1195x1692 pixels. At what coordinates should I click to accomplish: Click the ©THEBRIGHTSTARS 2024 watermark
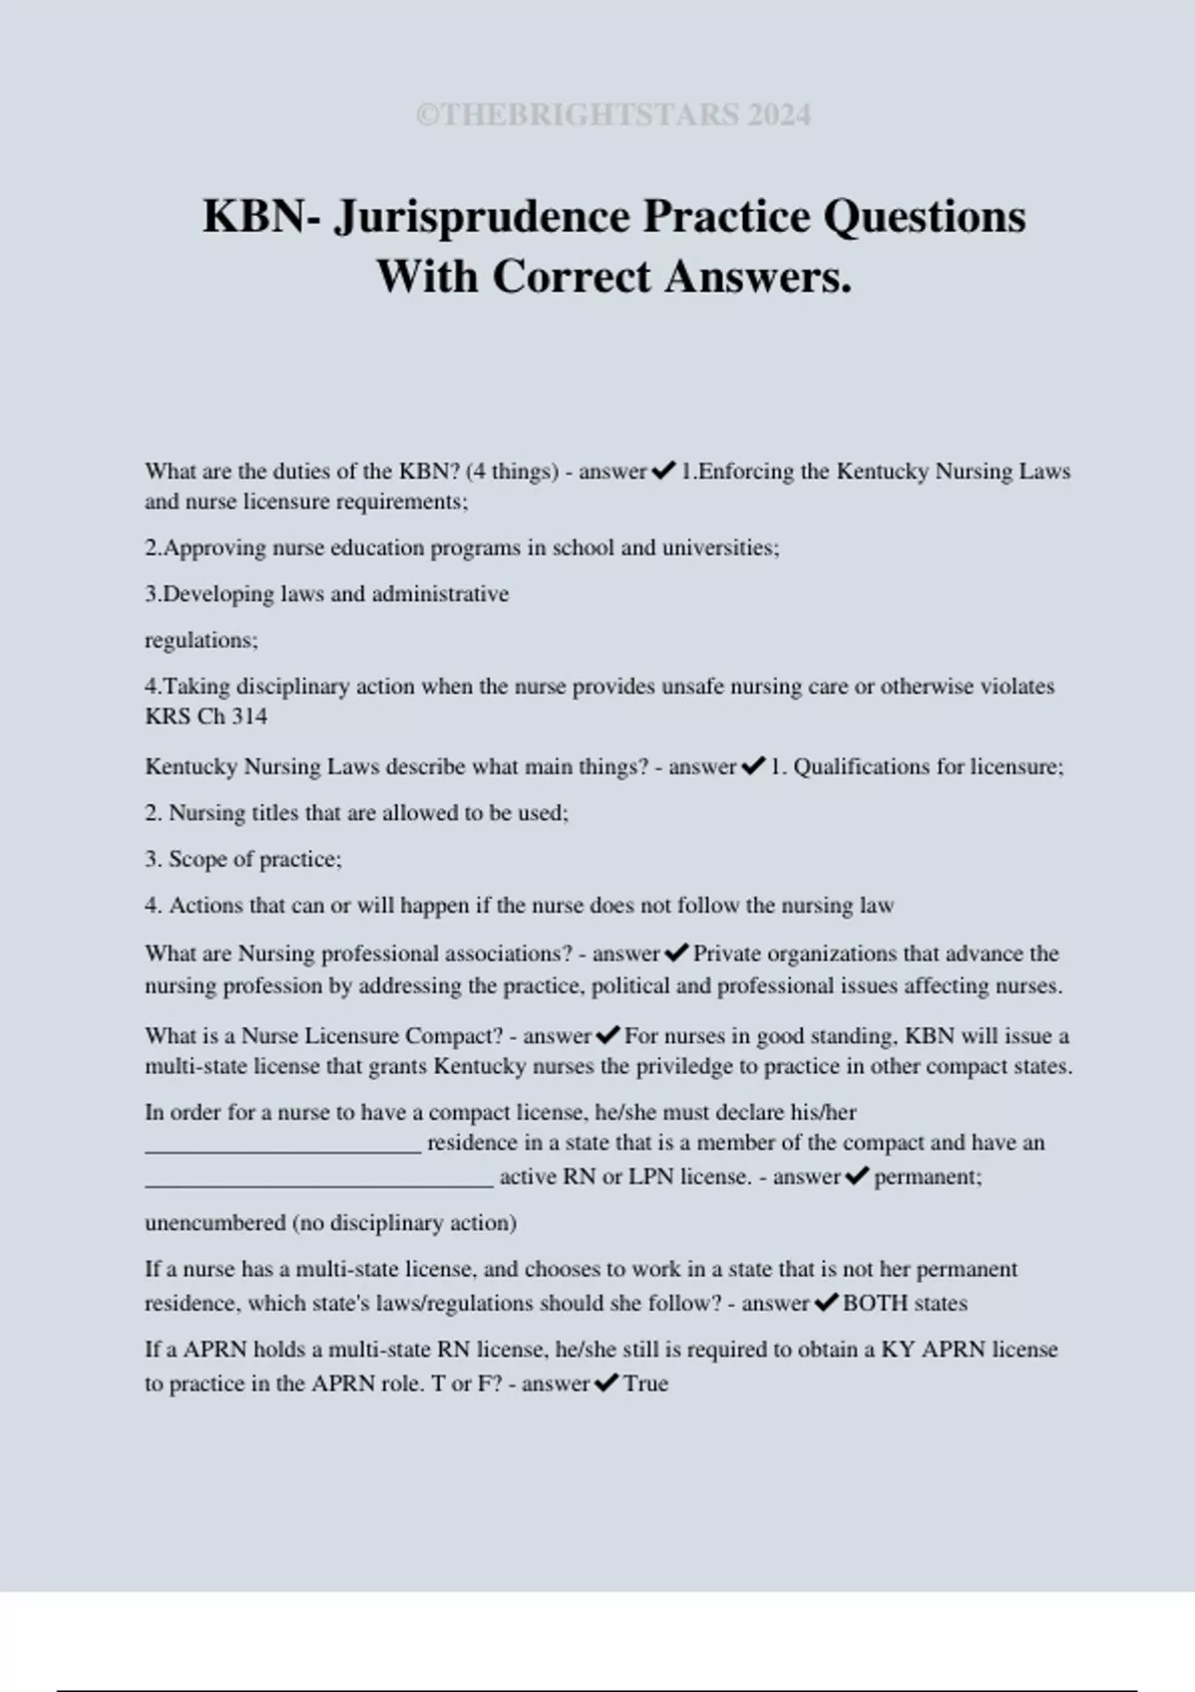point(613,115)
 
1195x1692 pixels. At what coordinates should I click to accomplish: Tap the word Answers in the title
point(757,277)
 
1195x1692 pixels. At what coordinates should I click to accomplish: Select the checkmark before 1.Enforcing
point(663,471)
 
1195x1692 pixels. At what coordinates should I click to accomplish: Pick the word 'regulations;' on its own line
point(201,640)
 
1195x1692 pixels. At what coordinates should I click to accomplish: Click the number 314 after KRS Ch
point(249,717)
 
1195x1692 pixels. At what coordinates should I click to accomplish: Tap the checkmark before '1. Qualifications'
point(753,766)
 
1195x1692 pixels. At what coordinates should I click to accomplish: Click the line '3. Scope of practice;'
point(243,859)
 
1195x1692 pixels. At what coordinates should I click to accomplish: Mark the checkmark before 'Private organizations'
point(676,953)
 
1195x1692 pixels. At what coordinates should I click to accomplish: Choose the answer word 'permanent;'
point(928,1176)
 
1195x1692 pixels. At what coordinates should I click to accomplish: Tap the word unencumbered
point(215,1222)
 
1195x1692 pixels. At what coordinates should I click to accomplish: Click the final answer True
point(645,1383)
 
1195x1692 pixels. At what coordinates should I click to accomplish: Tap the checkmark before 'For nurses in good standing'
point(607,1036)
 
